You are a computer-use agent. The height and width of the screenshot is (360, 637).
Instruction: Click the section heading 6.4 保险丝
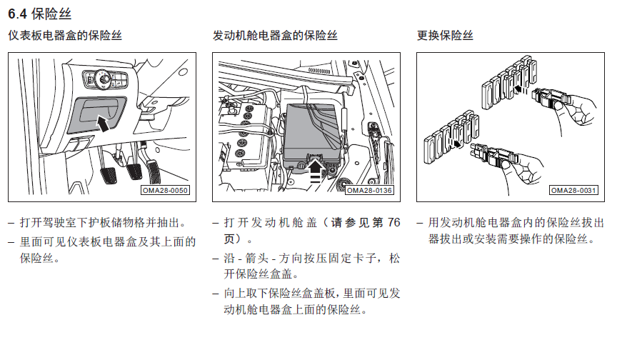click(40, 14)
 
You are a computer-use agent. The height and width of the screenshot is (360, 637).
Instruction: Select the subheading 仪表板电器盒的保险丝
click(65, 36)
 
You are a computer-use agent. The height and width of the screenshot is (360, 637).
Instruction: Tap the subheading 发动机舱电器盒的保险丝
click(275, 36)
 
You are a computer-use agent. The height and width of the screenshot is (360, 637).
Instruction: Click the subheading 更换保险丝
click(445, 36)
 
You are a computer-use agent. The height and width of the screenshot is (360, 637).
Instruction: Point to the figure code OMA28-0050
click(165, 190)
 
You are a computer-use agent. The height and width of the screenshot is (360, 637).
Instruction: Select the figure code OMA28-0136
click(369, 190)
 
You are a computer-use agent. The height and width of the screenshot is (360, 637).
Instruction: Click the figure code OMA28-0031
click(573, 190)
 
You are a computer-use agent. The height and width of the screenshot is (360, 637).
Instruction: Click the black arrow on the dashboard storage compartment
click(103, 123)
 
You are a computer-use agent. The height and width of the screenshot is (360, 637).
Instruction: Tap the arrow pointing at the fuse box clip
click(316, 167)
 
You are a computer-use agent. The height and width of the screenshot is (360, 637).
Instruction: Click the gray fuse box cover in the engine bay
click(311, 136)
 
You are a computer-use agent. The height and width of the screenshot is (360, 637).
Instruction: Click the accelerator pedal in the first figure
click(153, 171)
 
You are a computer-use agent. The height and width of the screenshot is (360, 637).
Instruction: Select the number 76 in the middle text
click(393, 223)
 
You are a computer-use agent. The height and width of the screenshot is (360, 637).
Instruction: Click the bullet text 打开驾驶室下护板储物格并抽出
click(100, 223)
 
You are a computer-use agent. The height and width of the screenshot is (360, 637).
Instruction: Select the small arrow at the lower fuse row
click(456, 144)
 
